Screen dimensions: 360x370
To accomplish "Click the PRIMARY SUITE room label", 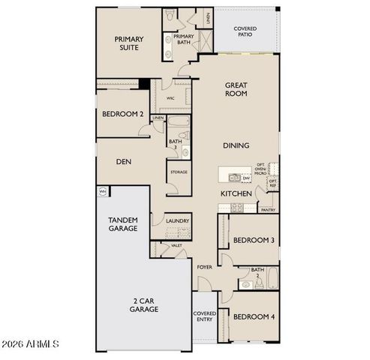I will point(128,44).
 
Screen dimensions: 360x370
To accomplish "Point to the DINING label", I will point(236,145).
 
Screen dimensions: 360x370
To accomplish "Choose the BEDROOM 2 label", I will point(122,114).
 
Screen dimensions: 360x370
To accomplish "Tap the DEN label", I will point(124,161).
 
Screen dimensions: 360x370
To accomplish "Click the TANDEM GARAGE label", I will point(122,223).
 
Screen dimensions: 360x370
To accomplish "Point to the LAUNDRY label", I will point(178,221).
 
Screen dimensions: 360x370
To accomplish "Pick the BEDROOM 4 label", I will point(253,317).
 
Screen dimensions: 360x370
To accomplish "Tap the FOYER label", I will point(204,266).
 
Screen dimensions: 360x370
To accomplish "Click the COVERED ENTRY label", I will point(204,317).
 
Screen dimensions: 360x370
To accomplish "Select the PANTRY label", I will point(268,211).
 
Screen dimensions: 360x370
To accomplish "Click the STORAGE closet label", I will point(179,172).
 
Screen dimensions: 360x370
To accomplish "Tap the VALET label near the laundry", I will point(176,245).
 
